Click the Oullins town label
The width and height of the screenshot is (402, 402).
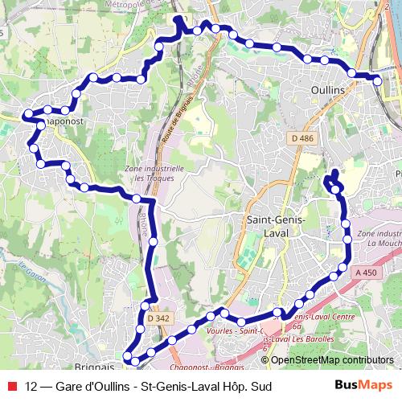point(326,89)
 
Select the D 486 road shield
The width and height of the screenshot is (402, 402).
point(302,138)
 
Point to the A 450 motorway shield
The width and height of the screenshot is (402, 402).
point(366,273)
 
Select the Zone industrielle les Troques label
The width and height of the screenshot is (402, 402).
point(155,174)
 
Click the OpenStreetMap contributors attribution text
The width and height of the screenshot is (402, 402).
point(332,360)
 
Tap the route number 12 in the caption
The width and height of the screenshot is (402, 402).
point(31,387)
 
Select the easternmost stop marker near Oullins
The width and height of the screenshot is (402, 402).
point(378,79)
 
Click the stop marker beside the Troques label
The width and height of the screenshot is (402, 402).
point(137,199)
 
